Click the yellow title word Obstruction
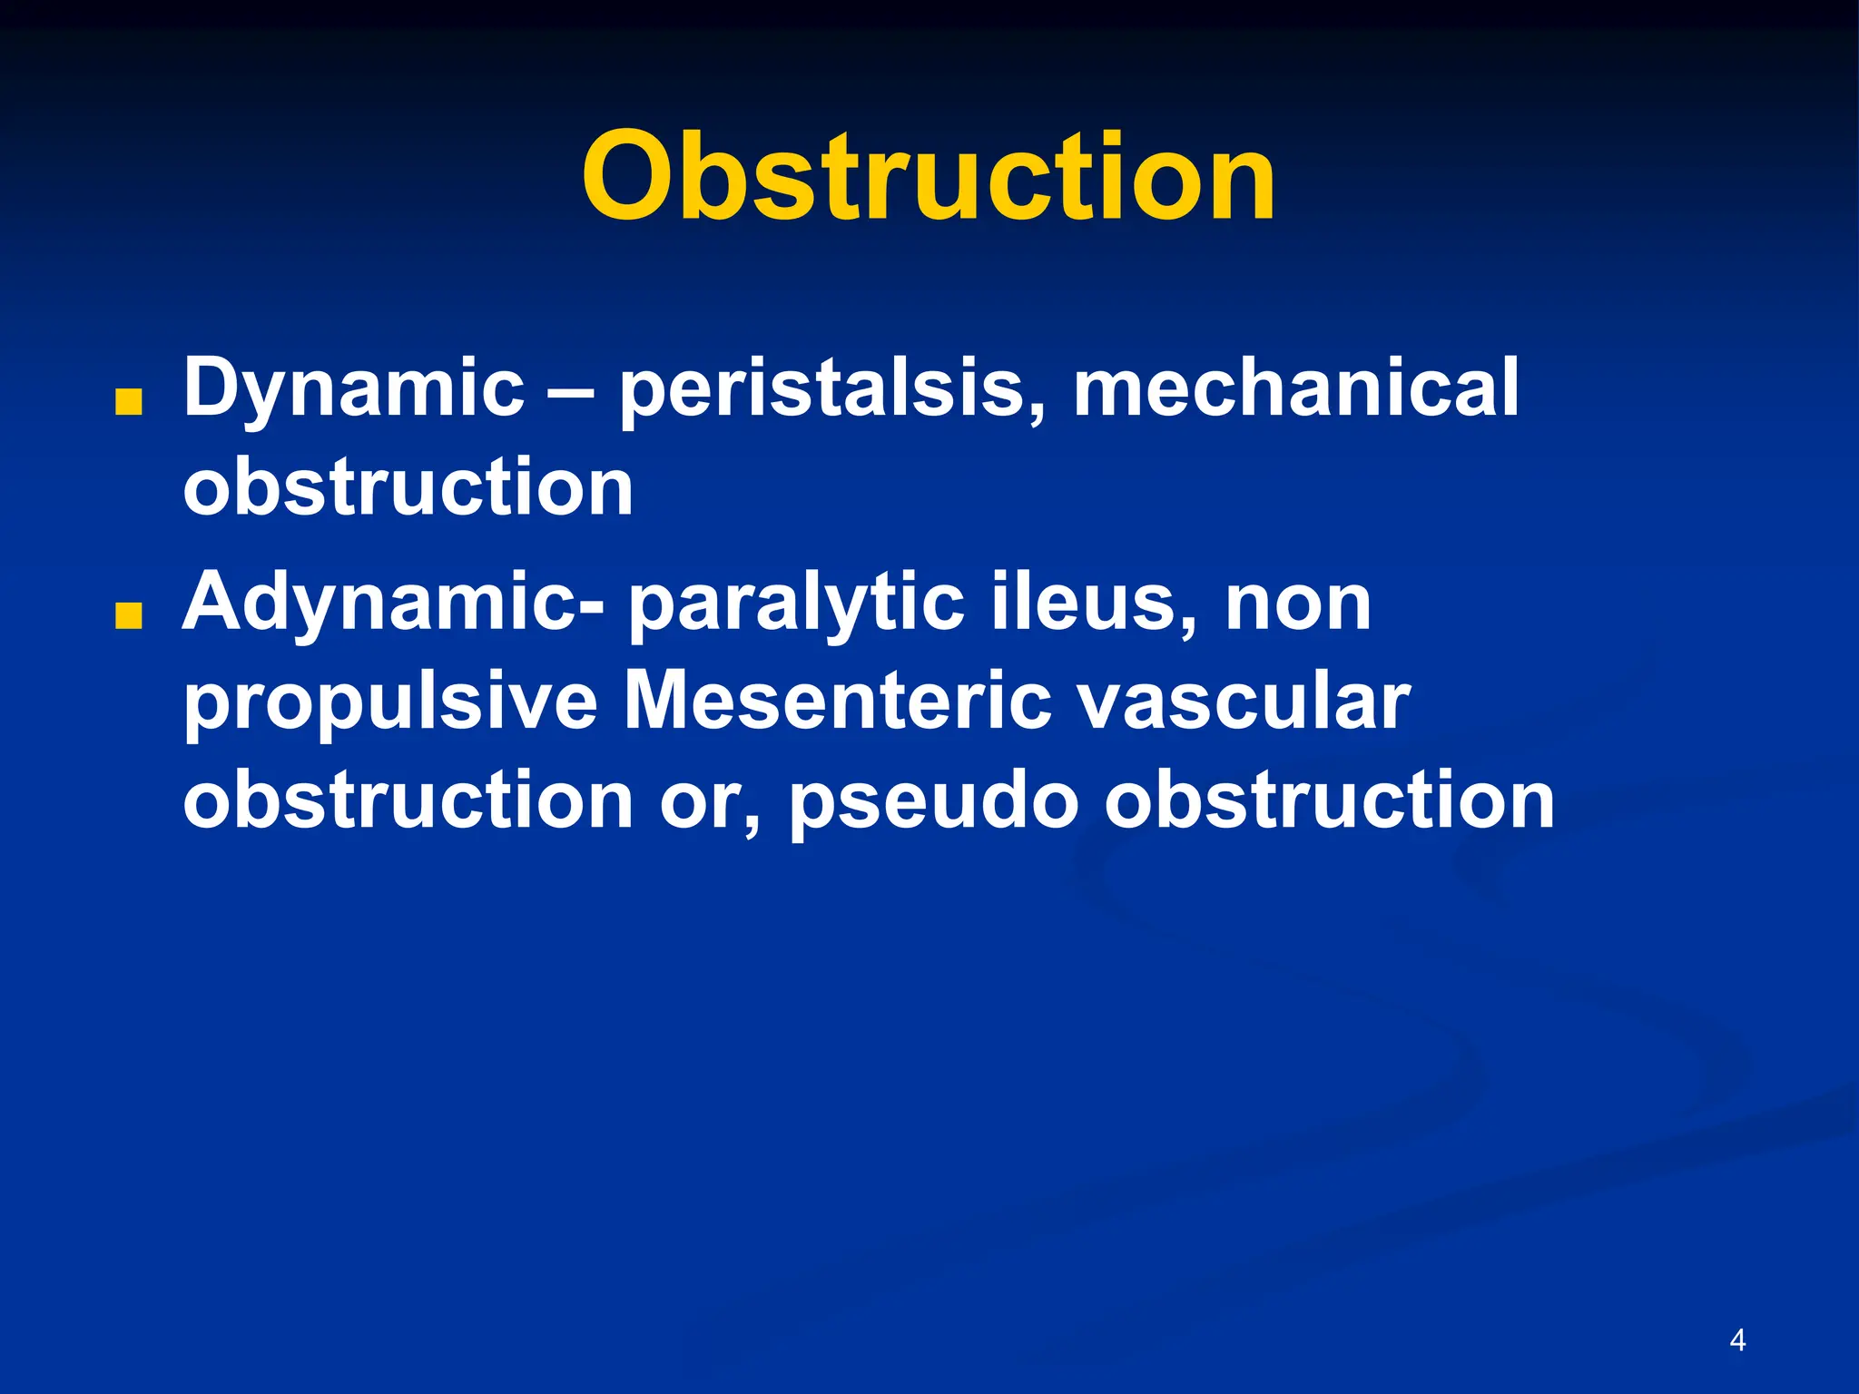click(x=929, y=176)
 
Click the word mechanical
click(x=1295, y=388)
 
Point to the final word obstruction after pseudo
click(x=1329, y=800)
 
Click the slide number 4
click(x=1737, y=1340)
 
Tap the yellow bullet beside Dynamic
click(x=129, y=403)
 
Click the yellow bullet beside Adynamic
click(x=129, y=617)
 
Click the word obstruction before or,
click(x=408, y=800)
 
